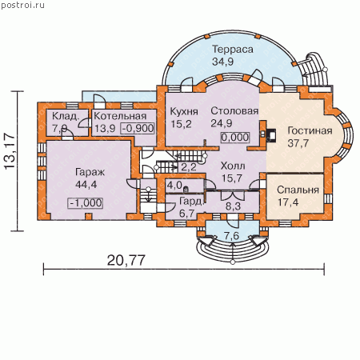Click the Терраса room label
(233, 50)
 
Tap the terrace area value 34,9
(222, 62)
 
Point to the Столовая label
(234, 111)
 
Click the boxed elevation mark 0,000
(235, 138)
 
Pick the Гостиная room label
(310, 130)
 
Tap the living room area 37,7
(298, 143)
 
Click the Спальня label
(298, 190)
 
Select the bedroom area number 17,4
(288, 202)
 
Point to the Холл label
(233, 166)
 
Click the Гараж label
(90, 173)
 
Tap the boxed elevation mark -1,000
(86, 203)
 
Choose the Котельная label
(120, 116)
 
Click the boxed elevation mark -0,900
(138, 128)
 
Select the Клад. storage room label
(66, 116)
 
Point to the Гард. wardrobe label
(191, 202)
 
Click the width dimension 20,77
(126, 260)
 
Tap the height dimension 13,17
(10, 150)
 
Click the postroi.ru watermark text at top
(23, 5)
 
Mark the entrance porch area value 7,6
(231, 236)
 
